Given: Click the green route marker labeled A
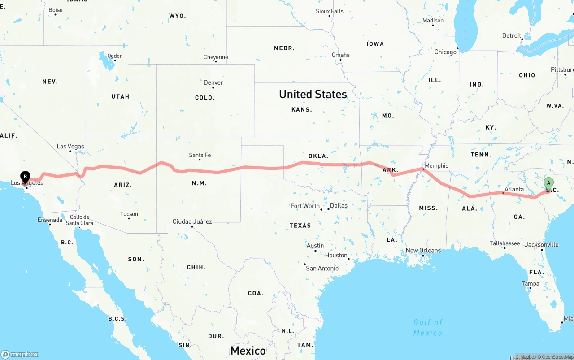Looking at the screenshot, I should pyautogui.click(x=548, y=183).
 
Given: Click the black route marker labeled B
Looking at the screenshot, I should pyautogui.click(x=26, y=177).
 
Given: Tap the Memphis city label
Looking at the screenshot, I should pyautogui.click(x=436, y=166).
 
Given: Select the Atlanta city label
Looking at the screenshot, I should pyautogui.click(x=514, y=190).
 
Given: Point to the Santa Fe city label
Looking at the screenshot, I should pyautogui.click(x=200, y=155).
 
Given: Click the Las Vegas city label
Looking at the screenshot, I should pyautogui.click(x=70, y=147).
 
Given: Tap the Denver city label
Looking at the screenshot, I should pyautogui.click(x=213, y=82).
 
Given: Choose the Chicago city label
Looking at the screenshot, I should pyautogui.click(x=445, y=52).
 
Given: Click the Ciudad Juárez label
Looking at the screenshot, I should pyautogui.click(x=192, y=221).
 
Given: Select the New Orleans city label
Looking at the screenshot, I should pyautogui.click(x=423, y=251).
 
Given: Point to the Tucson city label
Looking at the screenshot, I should pyautogui.click(x=129, y=214).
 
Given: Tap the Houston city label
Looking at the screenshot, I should pyautogui.click(x=336, y=256).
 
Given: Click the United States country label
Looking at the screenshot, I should pyautogui.click(x=313, y=94).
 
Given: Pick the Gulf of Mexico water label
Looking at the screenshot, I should pyautogui.click(x=428, y=327).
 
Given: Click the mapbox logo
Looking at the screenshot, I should pyautogui.click(x=20, y=354).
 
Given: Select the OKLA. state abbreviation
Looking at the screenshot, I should pyautogui.click(x=318, y=156).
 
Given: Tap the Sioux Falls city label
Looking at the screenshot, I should pyautogui.click(x=330, y=11).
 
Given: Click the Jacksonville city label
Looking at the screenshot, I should pyautogui.click(x=541, y=245).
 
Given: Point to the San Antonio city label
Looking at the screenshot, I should pyautogui.click(x=322, y=268).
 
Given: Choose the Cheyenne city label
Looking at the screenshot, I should pyautogui.click(x=216, y=57).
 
